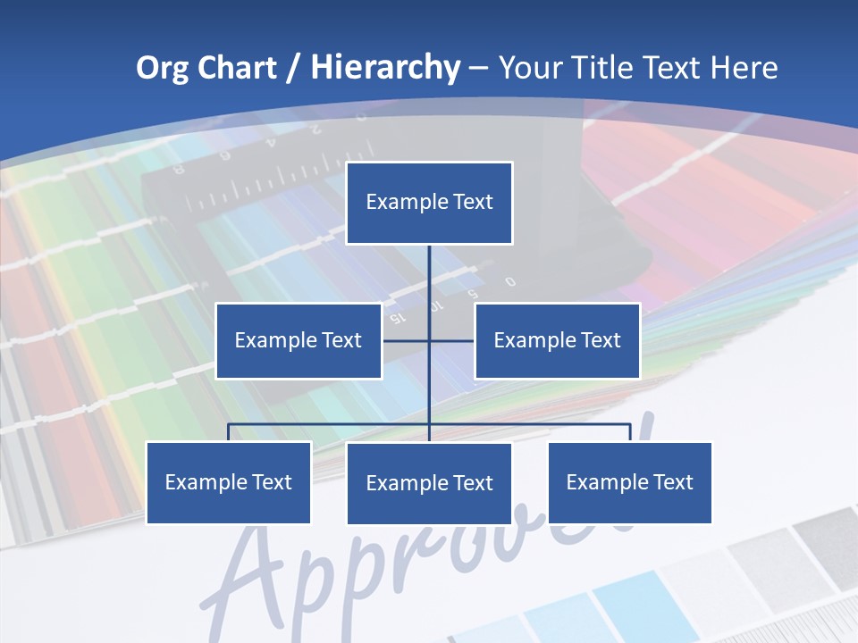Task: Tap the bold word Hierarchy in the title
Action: coord(385,68)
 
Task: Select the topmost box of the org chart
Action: coord(429,203)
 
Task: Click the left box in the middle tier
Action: coord(299,340)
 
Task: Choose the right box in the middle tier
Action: coord(557,340)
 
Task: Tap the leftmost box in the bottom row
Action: coord(229,482)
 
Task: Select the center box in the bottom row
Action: coord(429,483)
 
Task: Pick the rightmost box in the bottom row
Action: coord(630,482)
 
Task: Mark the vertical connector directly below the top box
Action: coord(429,277)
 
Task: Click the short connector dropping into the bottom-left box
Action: coord(229,432)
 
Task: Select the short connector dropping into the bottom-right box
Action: coord(630,432)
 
